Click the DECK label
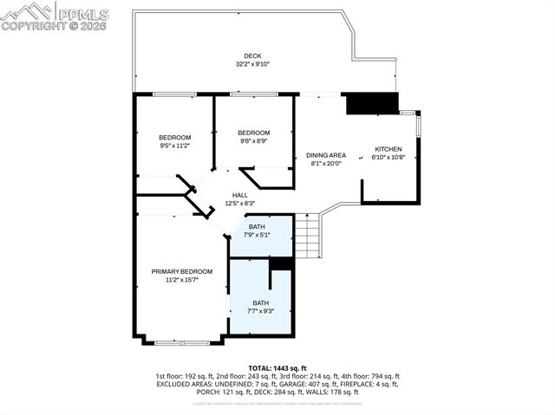(252, 55)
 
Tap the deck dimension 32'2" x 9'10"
(252, 64)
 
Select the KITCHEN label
(388, 148)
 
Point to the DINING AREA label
(325, 155)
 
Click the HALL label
(240, 195)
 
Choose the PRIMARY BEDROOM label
(181, 271)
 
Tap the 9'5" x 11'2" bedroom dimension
(174, 146)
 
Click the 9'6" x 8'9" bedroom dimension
(254, 140)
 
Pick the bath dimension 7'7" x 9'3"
(260, 310)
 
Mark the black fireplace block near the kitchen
(370, 103)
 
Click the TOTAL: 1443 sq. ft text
(277, 368)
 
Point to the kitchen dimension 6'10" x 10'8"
(388, 157)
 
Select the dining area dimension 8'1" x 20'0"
(325, 164)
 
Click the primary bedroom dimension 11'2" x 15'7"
(181, 280)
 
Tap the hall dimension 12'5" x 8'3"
(240, 204)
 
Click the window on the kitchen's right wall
(418, 125)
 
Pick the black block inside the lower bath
(282, 264)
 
